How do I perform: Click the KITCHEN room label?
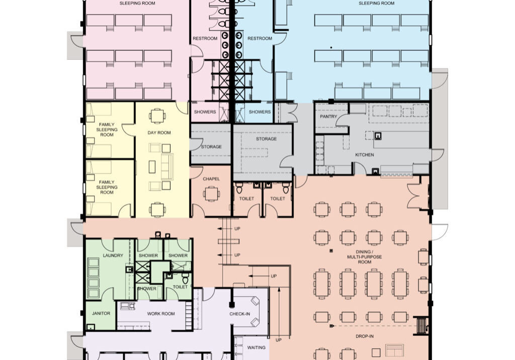365,155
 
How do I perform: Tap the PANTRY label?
328,117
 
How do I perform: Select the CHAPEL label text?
211,179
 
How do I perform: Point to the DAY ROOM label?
159,133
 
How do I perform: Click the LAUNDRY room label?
113,255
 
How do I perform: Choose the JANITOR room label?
101,314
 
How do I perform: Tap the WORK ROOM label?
161,314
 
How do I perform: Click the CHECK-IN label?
240,314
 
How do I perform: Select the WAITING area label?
256,347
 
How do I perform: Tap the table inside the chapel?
212,193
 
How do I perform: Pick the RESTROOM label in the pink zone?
205,39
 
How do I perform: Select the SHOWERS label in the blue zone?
260,112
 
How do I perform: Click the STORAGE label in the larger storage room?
266,139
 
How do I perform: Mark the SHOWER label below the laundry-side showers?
147,289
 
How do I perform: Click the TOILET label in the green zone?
180,287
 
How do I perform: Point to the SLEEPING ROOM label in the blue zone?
376,3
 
